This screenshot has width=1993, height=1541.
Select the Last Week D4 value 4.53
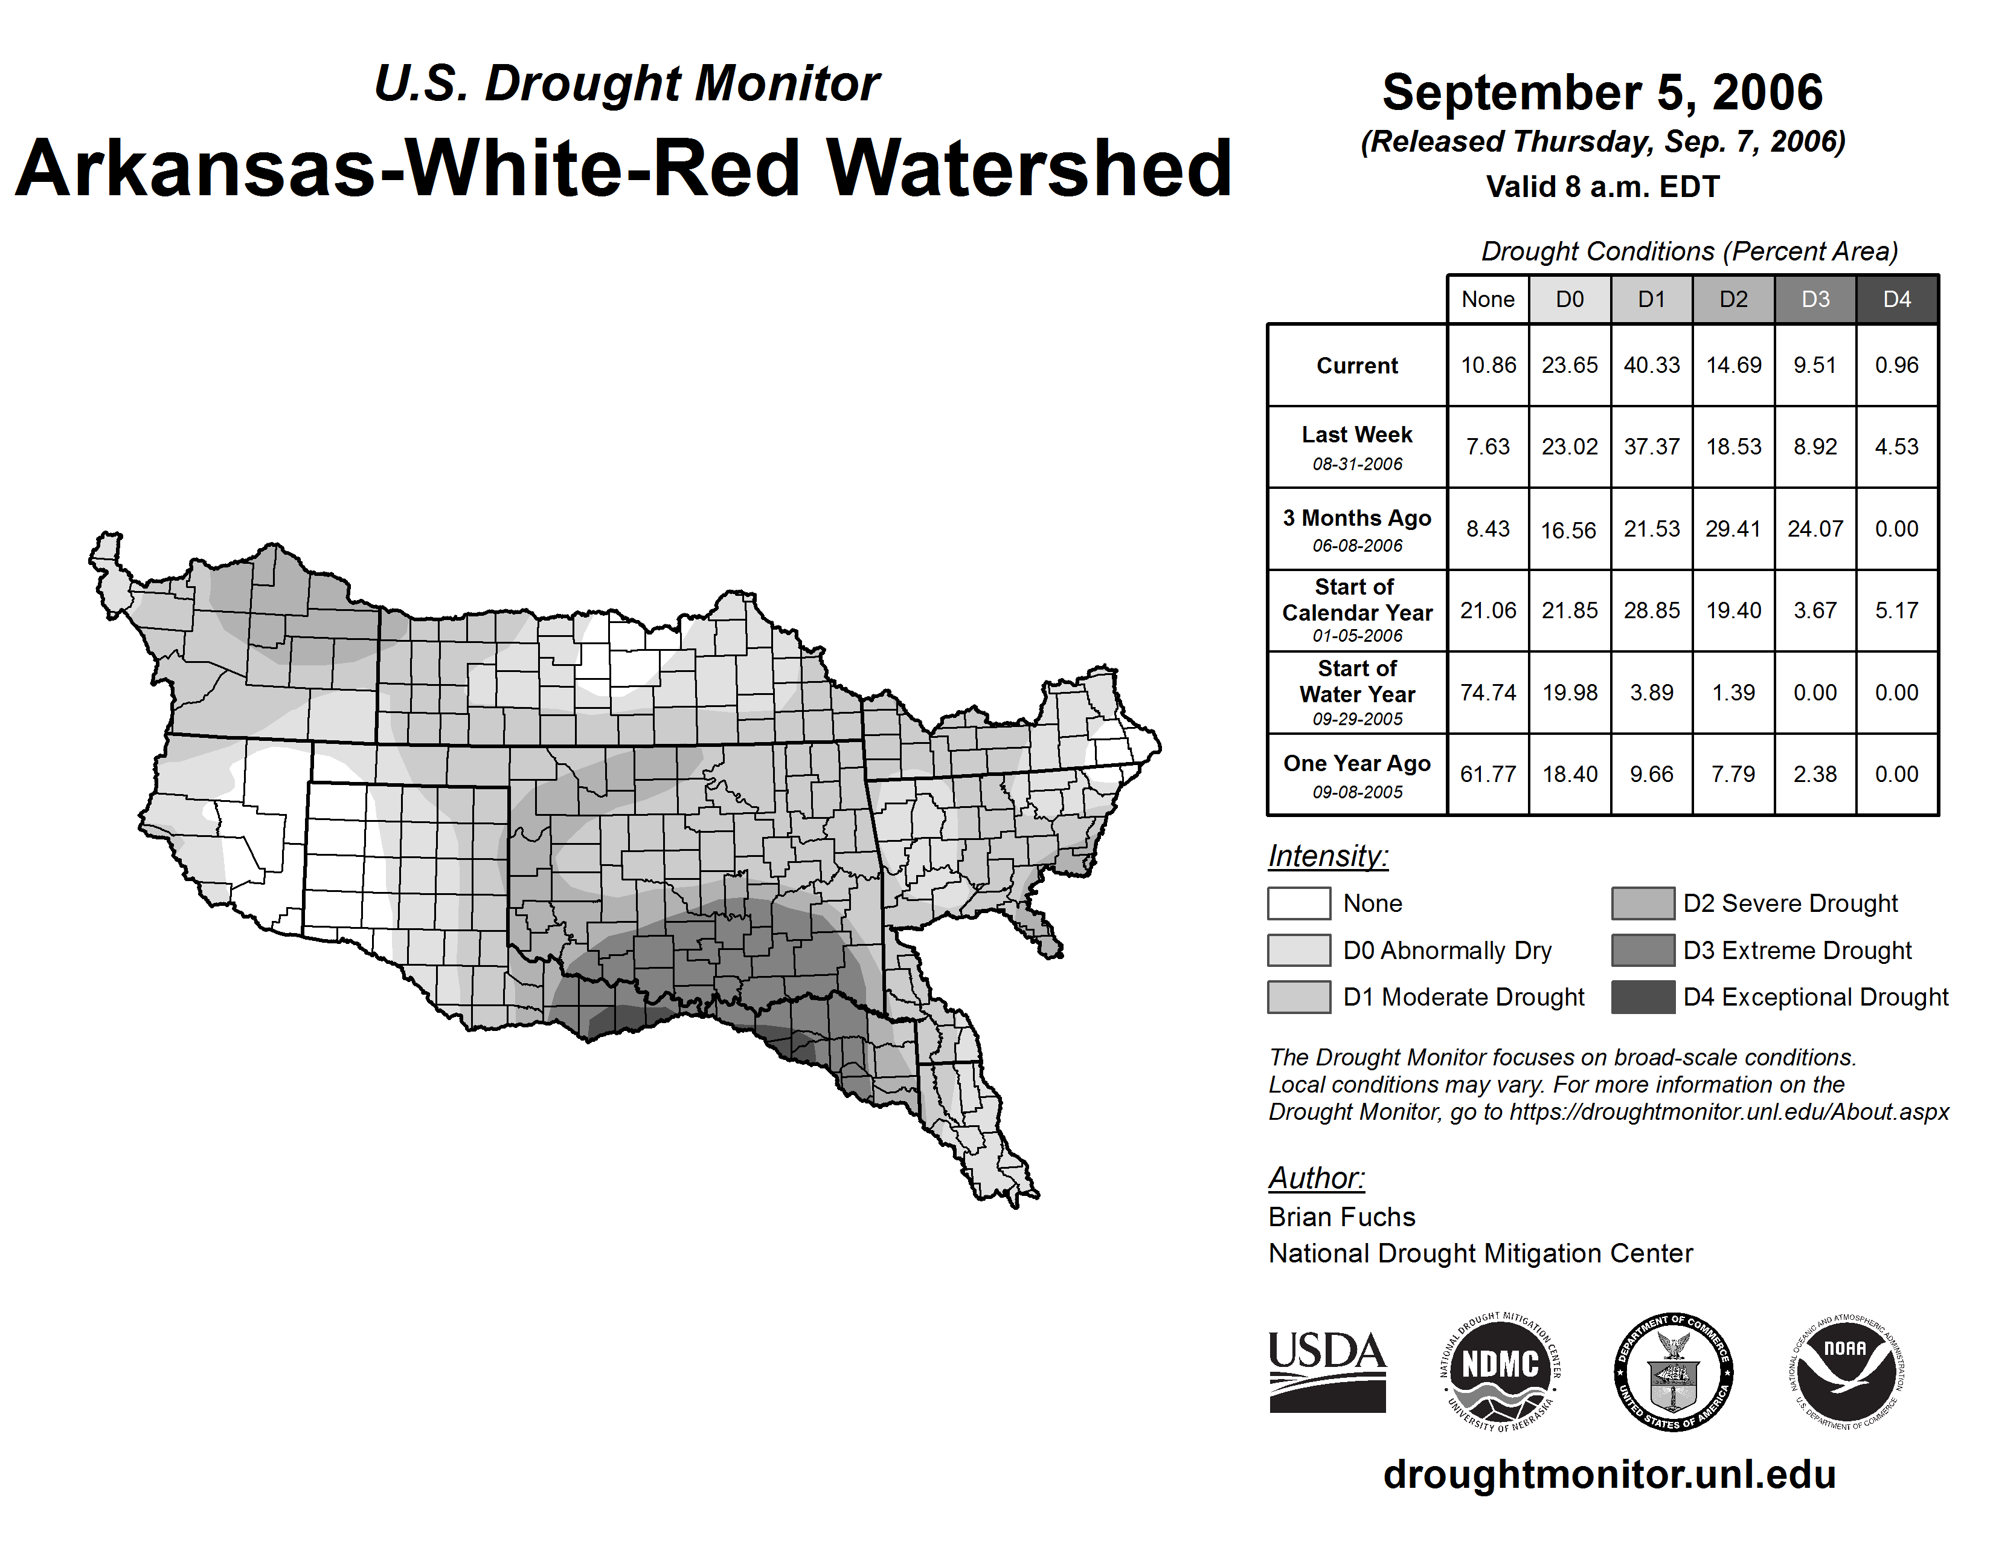pyautogui.click(x=1896, y=447)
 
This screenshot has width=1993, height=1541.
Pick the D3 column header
pyautogui.click(x=1815, y=299)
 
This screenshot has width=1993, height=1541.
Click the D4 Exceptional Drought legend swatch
pyautogui.click(x=1643, y=997)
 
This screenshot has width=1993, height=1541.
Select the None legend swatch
pyautogui.click(x=1298, y=903)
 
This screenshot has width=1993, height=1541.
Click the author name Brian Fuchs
pyautogui.click(x=1341, y=1217)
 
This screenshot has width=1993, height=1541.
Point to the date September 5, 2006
pyautogui.click(x=1602, y=92)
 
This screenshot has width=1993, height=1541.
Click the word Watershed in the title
pyautogui.click(x=1029, y=169)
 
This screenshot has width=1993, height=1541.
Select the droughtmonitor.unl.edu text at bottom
pyautogui.click(x=1609, y=1475)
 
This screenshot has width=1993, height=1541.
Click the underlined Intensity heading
pyautogui.click(x=1327, y=856)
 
